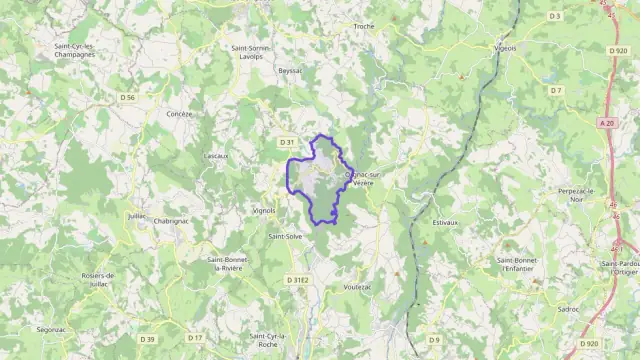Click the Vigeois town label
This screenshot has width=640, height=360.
[x=506, y=47]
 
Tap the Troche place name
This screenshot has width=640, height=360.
[x=364, y=26]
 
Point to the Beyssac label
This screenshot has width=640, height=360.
[x=290, y=71]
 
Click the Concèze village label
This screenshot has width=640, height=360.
[x=180, y=114]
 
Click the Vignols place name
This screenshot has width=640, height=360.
[x=264, y=211]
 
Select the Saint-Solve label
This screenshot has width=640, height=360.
[x=285, y=237]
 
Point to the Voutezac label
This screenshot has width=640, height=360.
[x=357, y=286]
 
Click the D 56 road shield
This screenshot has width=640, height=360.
[x=127, y=97]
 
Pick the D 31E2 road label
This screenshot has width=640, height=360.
[x=298, y=280]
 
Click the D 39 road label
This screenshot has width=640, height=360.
[x=147, y=339]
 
